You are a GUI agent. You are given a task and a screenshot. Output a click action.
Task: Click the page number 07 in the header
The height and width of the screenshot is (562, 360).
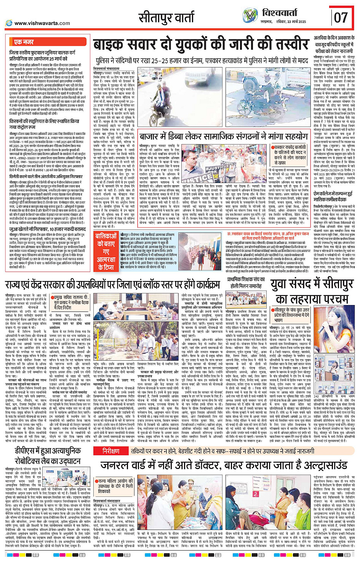(341, 17)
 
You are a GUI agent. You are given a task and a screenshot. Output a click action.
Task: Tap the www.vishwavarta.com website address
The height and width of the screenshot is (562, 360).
(42, 23)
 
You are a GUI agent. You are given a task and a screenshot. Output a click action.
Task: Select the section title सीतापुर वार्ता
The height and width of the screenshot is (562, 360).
(166, 18)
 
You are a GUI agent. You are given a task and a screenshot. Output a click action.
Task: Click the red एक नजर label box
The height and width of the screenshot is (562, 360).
(24, 42)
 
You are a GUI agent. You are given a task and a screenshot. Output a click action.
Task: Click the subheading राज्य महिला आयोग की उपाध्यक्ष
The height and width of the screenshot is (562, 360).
(115, 483)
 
